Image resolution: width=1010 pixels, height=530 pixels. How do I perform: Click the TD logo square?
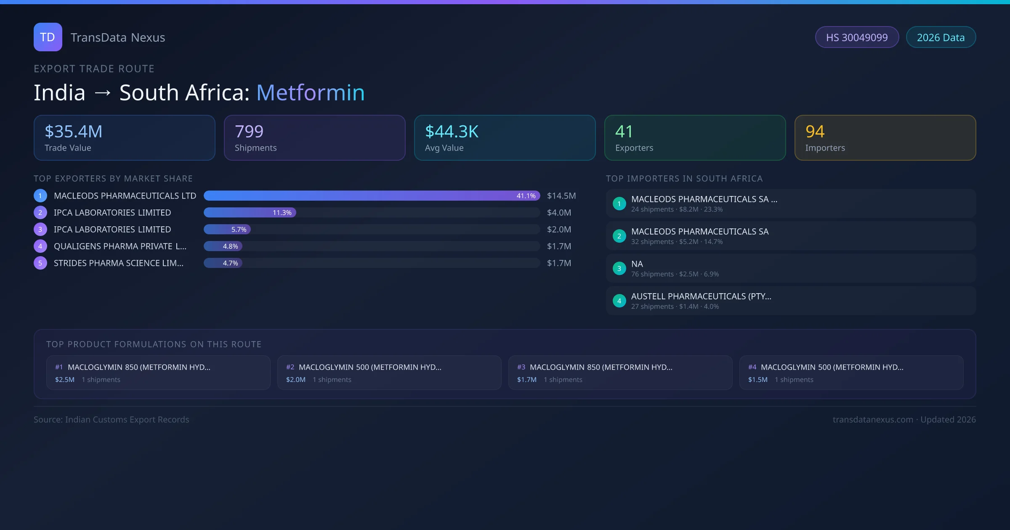48,37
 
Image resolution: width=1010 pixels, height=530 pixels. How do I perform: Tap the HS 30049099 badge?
856,37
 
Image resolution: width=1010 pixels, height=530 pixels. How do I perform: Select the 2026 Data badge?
941,37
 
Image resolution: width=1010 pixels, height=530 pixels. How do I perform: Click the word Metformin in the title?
310,93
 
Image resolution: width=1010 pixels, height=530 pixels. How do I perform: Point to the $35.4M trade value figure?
73,132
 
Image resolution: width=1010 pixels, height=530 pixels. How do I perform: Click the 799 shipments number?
249,132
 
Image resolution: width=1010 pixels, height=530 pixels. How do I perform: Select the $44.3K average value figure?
452,132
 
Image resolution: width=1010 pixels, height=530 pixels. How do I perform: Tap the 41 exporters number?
624,132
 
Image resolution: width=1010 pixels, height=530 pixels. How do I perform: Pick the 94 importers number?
815,132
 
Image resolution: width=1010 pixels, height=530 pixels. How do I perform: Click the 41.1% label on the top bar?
526,196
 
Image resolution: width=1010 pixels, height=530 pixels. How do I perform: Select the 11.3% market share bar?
250,212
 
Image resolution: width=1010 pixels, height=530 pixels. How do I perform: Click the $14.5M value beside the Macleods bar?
561,196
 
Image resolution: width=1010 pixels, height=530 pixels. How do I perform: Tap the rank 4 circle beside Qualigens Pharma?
40,246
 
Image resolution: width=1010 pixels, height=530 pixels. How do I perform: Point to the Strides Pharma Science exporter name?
118,263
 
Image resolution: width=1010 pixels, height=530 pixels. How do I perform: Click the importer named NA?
637,264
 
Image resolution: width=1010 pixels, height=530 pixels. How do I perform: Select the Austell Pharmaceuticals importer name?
701,296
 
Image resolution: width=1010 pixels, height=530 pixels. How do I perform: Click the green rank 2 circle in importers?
619,236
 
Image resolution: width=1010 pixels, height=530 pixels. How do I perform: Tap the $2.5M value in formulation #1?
65,379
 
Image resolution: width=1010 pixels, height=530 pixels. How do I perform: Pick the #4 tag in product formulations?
752,367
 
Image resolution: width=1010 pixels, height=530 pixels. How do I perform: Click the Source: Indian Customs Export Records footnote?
112,419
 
